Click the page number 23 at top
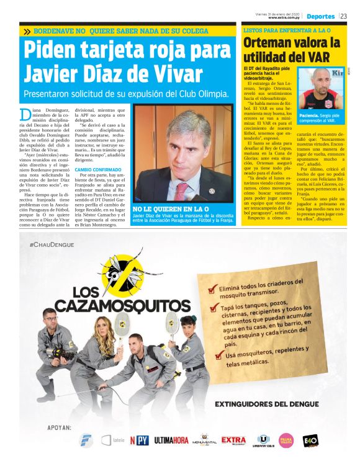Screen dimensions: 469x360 343,16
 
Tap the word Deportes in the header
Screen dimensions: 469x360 321,16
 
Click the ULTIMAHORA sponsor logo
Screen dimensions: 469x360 171,441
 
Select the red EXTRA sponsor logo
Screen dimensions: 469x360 234,440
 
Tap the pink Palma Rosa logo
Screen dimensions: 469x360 286,441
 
